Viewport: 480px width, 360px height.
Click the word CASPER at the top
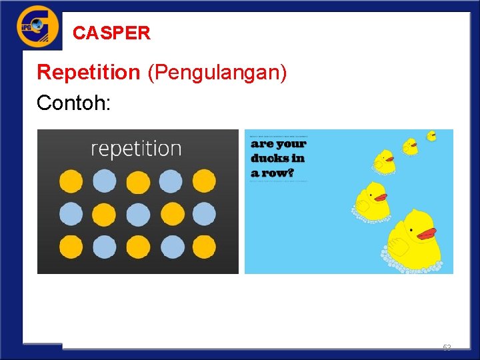coord(111,33)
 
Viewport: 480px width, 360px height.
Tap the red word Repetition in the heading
coord(88,72)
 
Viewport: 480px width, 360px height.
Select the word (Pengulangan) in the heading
coord(218,73)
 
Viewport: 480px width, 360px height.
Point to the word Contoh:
coord(70,103)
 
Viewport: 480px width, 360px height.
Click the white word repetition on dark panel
coord(136,148)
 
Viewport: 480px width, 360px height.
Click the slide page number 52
coord(447,347)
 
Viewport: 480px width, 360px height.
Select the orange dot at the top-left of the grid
coord(71,181)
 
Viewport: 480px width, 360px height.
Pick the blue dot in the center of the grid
coord(138,214)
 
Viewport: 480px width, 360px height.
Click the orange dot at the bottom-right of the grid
coord(204,247)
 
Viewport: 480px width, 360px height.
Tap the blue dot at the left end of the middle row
coord(71,214)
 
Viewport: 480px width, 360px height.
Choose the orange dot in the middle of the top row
coord(138,181)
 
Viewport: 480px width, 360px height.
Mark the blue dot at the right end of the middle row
coord(204,214)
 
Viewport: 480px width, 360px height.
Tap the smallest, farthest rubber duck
coord(431,136)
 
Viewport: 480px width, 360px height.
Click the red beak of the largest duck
coord(426,234)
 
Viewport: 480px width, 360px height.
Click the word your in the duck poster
coord(291,143)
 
